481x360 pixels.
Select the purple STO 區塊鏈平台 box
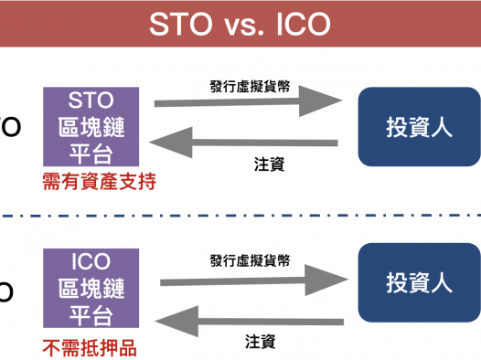click(90, 127)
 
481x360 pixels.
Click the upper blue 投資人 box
click(419, 127)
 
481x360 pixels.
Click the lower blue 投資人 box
click(419, 281)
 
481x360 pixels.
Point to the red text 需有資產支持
click(99, 182)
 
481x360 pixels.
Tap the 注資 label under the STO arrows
click(268, 165)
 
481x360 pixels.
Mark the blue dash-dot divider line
click(240, 217)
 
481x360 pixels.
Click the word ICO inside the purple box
click(90, 259)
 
